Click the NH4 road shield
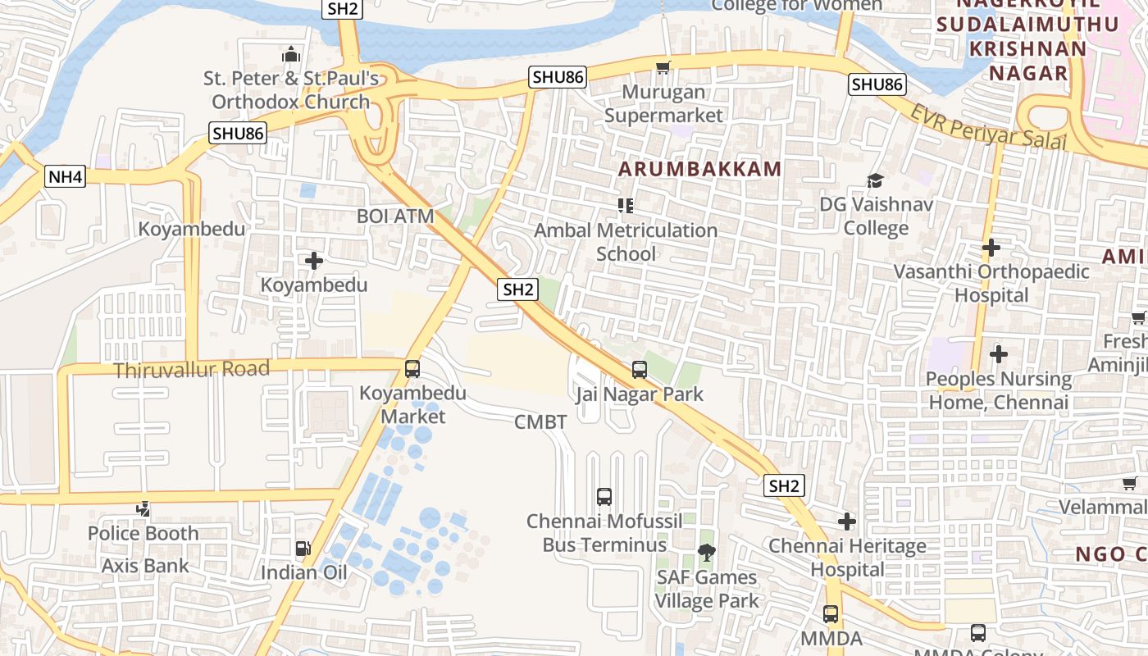66,176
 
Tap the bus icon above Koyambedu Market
412,369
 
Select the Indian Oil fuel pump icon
303,548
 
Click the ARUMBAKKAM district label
699,170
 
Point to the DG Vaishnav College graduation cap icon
876,180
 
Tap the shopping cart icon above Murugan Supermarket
663,67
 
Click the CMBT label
540,422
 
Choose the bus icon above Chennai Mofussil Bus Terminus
604,496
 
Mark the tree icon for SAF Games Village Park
705,553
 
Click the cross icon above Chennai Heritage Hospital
847,521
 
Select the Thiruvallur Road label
192,370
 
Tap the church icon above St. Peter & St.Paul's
291,55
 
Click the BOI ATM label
395,216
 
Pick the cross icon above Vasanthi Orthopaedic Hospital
991,247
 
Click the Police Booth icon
143,509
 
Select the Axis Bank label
145,566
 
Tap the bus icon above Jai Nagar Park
640,370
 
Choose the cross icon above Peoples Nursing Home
998,354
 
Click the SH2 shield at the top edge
342,9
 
